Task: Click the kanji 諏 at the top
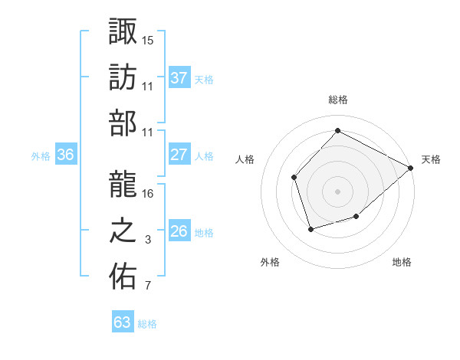[123, 31]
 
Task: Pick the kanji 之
[123, 231]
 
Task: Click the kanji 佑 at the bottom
[123, 277]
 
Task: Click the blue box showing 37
[179, 78]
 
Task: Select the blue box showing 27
[179, 155]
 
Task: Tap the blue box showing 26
[179, 231]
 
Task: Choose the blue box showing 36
[65, 155]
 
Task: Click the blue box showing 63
[122, 322]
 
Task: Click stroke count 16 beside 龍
[148, 194]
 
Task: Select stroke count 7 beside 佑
[148, 286]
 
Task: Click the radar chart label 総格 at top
[337, 100]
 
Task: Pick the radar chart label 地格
[402, 263]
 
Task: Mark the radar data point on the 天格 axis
[412, 168]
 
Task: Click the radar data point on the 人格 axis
[294, 178]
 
